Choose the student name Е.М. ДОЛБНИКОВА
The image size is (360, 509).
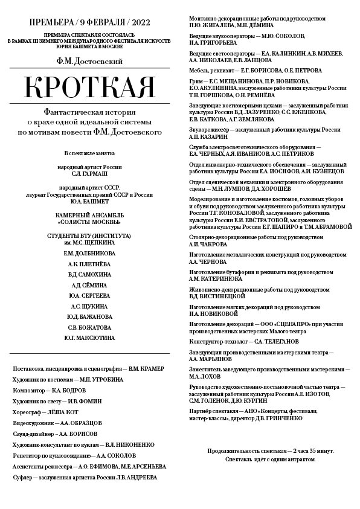click(90, 254)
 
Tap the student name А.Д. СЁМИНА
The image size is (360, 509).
click(90, 285)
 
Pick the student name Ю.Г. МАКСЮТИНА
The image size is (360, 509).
click(90, 338)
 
